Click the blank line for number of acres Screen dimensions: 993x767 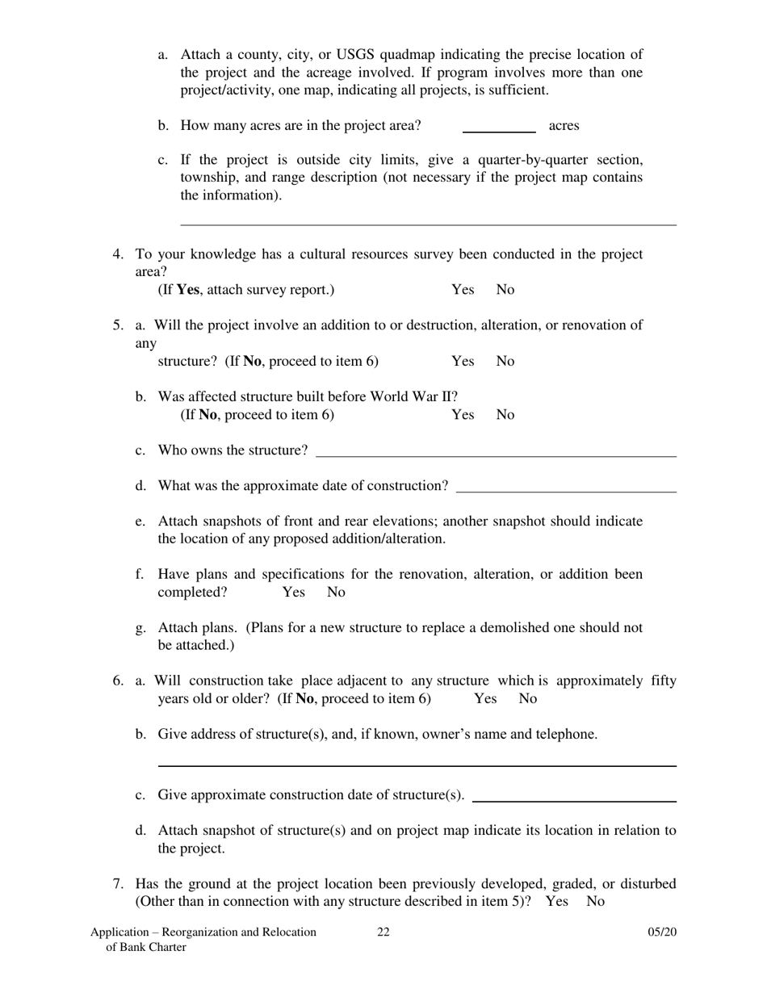click(499, 128)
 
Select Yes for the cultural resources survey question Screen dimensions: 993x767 click(463, 290)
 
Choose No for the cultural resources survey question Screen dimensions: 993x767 click(505, 290)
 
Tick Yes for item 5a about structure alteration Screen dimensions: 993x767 click(463, 362)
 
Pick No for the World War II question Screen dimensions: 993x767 click(505, 415)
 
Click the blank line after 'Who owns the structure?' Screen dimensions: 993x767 click(496, 453)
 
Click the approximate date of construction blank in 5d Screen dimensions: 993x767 click(565, 488)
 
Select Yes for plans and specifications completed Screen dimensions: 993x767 click(294, 593)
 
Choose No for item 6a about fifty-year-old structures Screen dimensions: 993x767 click(527, 698)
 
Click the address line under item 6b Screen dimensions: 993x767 click(417, 763)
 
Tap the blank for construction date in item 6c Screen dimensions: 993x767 click(573, 798)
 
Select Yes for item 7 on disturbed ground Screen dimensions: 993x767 click(556, 902)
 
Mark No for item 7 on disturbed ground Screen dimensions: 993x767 click(595, 902)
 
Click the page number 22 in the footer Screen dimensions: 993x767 click(383, 932)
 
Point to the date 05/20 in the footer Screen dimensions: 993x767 click(662, 932)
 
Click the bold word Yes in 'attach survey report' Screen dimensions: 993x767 click(188, 290)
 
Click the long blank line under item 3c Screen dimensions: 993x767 click(428, 224)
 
